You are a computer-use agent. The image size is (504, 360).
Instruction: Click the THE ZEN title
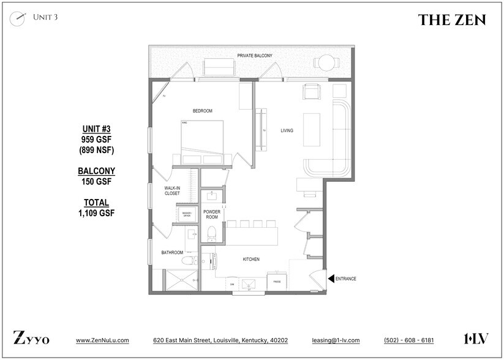click(x=452, y=20)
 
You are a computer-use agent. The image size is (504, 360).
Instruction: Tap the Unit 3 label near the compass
click(x=45, y=17)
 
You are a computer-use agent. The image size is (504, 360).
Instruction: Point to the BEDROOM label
click(x=202, y=111)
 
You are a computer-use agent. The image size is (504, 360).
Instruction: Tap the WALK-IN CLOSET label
click(x=172, y=190)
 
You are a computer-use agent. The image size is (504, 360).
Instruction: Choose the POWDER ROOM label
click(x=212, y=214)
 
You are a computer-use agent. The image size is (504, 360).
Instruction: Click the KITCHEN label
click(x=251, y=260)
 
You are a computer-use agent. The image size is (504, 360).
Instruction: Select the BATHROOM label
click(x=172, y=252)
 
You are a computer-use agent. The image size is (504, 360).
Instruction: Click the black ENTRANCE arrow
click(x=331, y=279)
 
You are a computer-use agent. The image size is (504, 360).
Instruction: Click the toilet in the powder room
click(x=211, y=233)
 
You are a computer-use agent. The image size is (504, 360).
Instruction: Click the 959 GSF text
click(x=96, y=139)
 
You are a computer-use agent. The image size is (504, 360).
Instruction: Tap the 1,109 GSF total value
click(x=96, y=212)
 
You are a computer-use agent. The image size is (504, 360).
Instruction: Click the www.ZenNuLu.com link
click(x=102, y=340)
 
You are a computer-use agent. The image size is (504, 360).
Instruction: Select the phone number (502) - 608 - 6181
click(x=408, y=340)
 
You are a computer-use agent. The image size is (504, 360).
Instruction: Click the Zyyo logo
click(x=31, y=339)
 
